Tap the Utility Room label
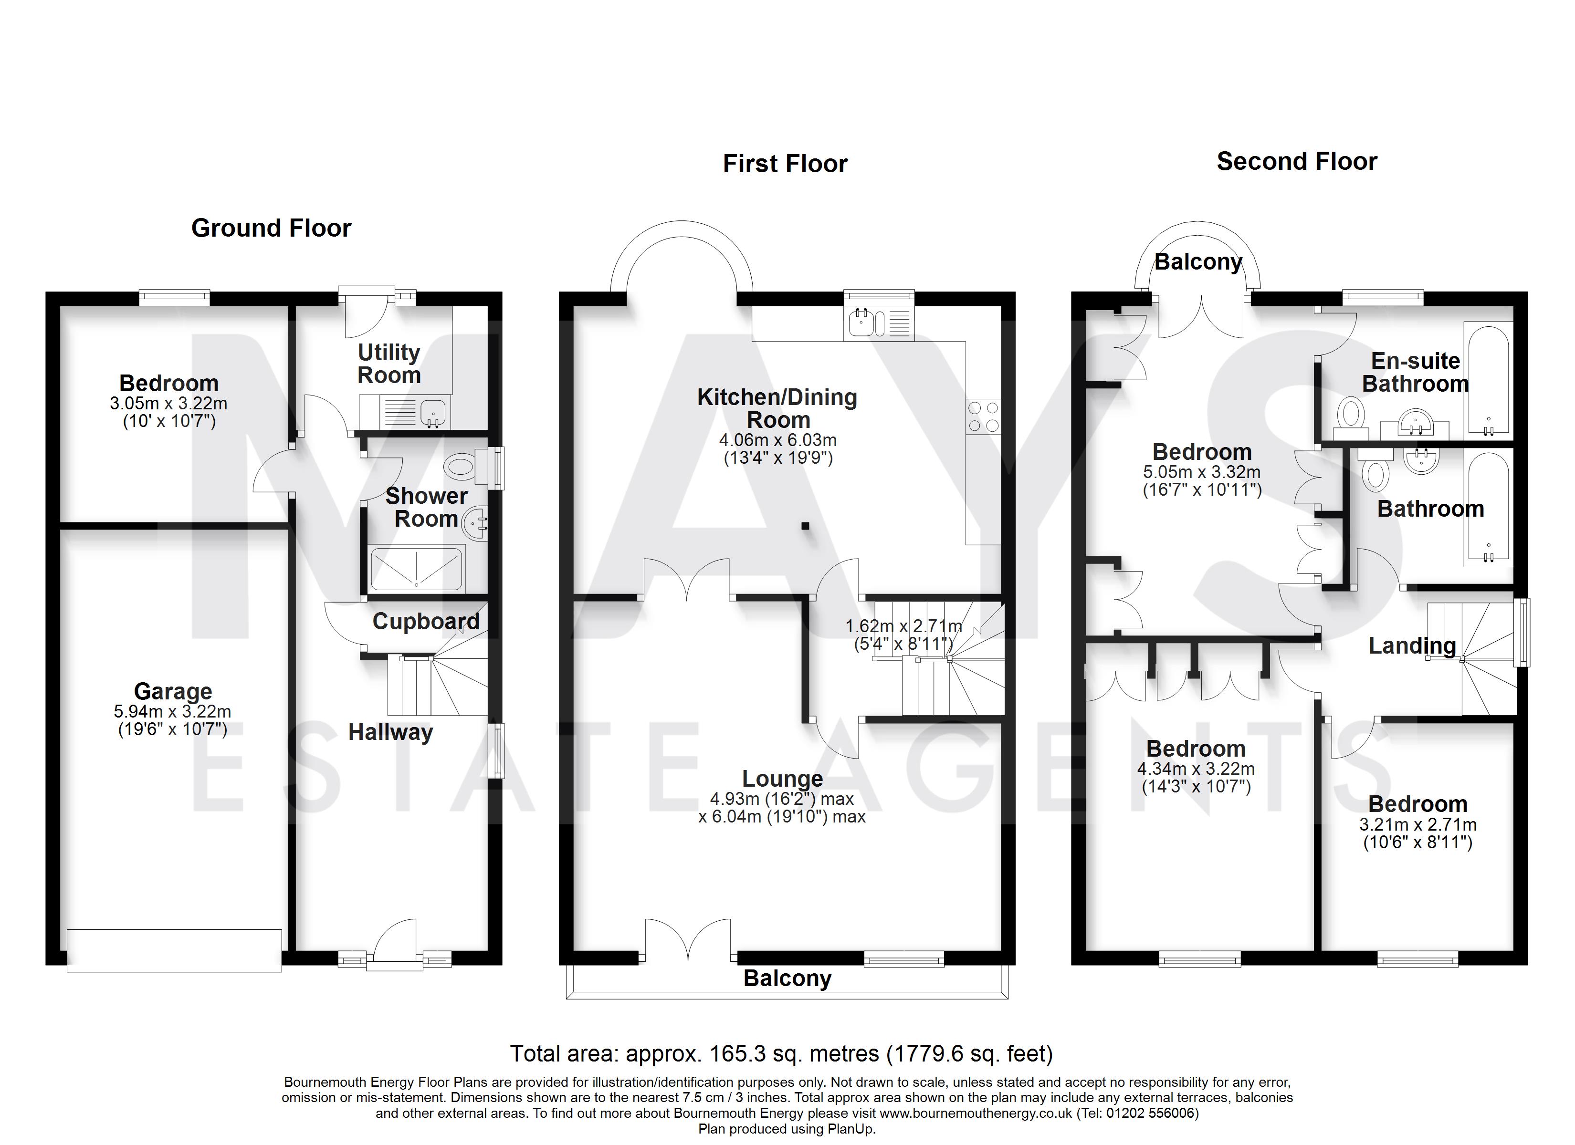[x=389, y=364]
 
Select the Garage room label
[x=173, y=692]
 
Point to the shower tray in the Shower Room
[x=417, y=569]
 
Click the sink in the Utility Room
[x=434, y=413]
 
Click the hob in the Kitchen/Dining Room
[x=983, y=416]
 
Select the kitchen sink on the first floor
[x=879, y=323]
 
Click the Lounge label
[x=783, y=779]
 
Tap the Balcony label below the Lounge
[x=787, y=978]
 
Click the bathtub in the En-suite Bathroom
[x=1488, y=380]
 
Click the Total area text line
[x=782, y=1054]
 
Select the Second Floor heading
[x=1297, y=162]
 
